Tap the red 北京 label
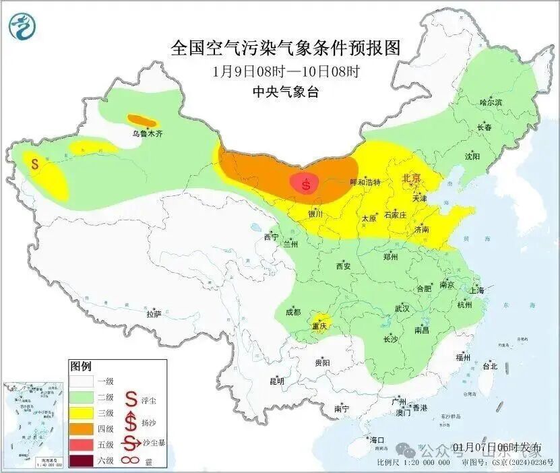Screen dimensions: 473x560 (411, 178)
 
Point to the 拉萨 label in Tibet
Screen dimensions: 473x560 (154, 314)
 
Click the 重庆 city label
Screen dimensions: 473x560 (319, 327)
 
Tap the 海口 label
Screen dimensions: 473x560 (377, 440)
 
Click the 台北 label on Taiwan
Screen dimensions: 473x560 (489, 367)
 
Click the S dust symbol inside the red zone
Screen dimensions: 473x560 (307, 183)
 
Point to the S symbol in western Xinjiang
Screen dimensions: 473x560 (34, 163)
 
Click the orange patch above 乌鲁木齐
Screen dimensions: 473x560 (142, 121)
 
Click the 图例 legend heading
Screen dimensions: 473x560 (80, 367)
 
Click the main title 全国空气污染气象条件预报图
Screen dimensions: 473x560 (286, 48)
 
